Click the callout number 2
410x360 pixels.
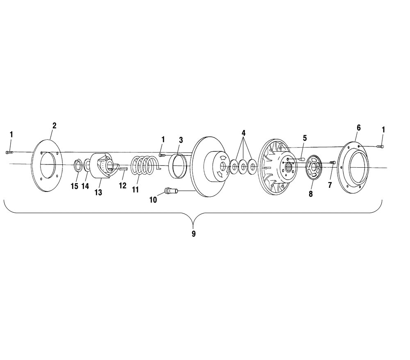pyautogui.click(x=54, y=126)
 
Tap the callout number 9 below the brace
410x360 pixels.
pyautogui.click(x=194, y=233)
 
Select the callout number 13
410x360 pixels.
pyautogui.click(x=98, y=193)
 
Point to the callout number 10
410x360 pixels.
pyautogui.click(x=153, y=200)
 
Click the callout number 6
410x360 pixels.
pyautogui.click(x=358, y=128)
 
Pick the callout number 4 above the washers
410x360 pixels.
pyautogui.click(x=244, y=133)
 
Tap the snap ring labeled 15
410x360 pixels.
pyautogui.click(x=77, y=166)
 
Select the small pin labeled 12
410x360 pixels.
pyautogui.click(x=123, y=169)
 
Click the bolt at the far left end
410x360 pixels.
pyautogui.click(x=9, y=152)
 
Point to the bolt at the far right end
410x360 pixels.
pyautogui.click(x=380, y=146)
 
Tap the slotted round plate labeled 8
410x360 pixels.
pyautogui.click(x=313, y=168)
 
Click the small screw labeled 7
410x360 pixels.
pyautogui.click(x=333, y=163)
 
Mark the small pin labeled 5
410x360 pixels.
pyautogui.click(x=302, y=159)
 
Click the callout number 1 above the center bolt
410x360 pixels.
pyautogui.click(x=163, y=139)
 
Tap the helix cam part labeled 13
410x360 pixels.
pyautogui.click(x=102, y=166)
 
